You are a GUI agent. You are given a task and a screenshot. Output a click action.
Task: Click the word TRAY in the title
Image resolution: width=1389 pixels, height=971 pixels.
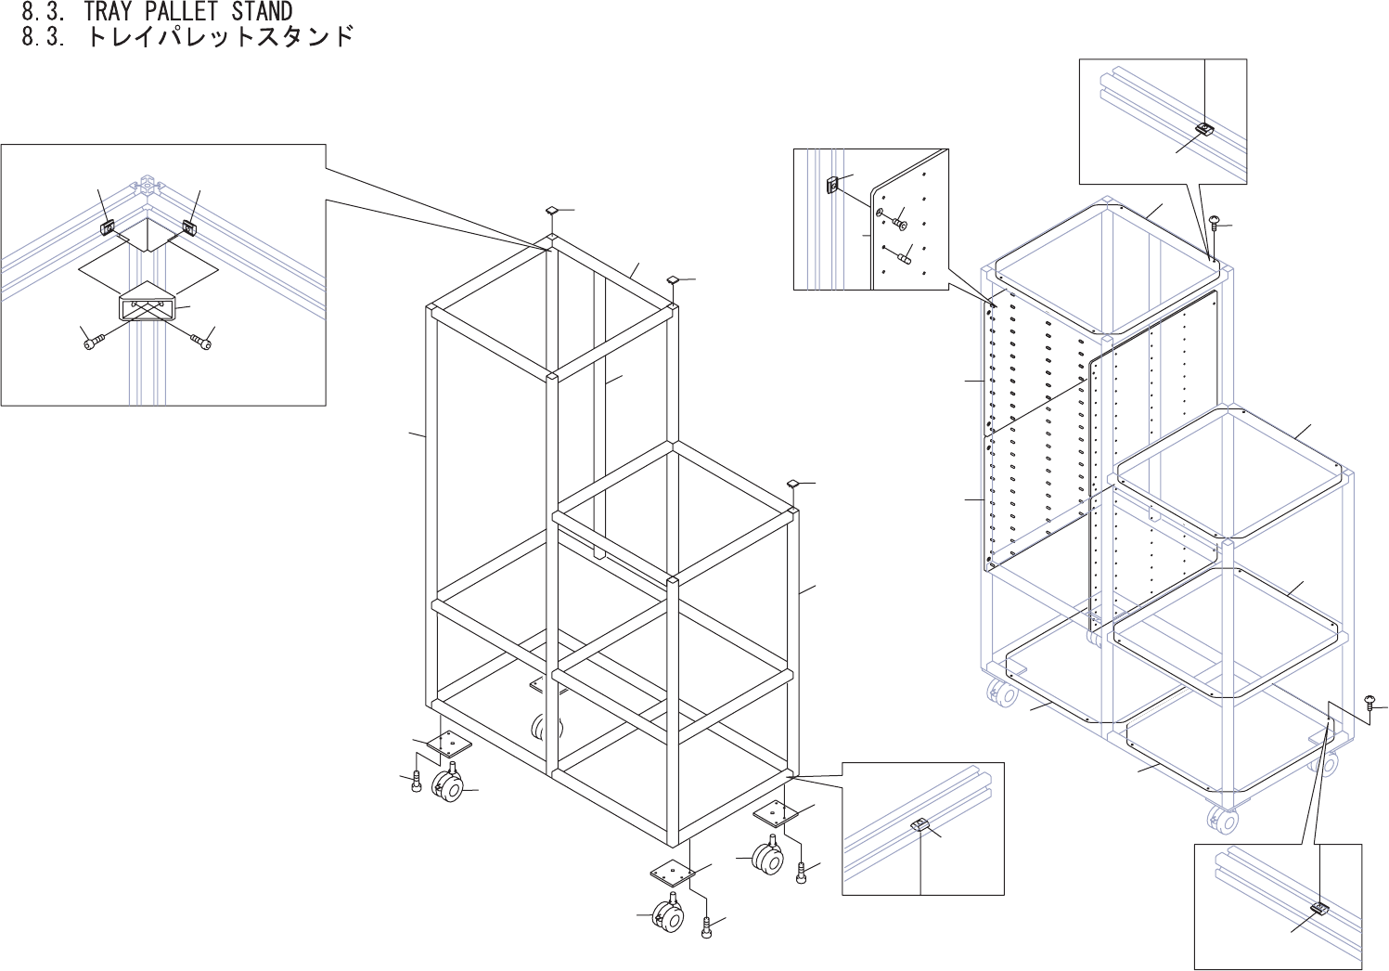110,12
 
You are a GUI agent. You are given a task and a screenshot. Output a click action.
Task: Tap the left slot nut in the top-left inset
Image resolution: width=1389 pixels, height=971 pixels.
109,226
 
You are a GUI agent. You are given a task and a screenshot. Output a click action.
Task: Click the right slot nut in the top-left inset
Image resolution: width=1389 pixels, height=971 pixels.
188,227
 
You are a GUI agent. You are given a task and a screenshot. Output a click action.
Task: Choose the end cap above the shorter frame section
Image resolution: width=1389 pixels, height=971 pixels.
794,484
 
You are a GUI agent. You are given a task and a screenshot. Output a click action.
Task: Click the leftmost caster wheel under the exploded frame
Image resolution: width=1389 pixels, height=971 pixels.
448,788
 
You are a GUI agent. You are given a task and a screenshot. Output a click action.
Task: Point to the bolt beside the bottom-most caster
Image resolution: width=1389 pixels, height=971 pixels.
707,925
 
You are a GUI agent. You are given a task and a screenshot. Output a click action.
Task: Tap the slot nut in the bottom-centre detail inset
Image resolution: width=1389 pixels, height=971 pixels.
919,824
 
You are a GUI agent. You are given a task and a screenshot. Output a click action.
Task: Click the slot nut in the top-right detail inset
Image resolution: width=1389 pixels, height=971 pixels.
1203,128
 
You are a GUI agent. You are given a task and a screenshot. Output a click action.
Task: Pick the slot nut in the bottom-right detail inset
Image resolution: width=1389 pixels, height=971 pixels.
1318,909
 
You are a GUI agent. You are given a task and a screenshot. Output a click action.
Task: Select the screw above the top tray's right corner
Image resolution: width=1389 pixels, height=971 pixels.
1214,221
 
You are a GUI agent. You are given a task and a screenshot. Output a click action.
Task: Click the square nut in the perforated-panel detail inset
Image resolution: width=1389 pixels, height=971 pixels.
833,184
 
